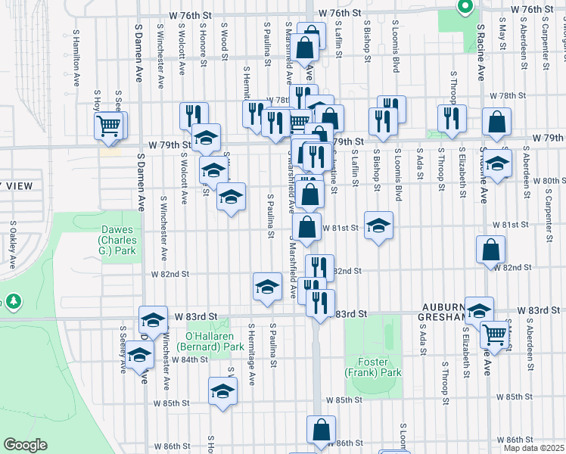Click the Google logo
pos(25,445)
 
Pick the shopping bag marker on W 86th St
pos(322,429)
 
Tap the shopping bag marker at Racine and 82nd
pos(491,249)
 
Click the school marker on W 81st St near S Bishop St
pos(378,225)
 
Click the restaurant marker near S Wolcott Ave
pos(194,115)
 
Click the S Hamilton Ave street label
pos(76,66)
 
